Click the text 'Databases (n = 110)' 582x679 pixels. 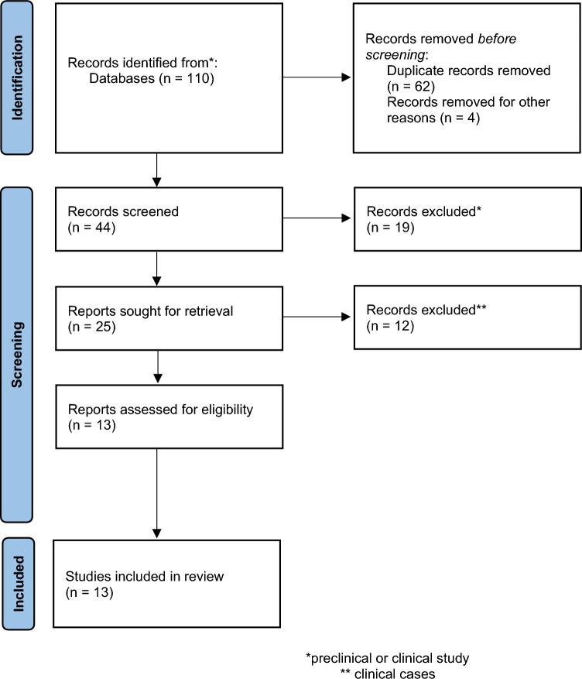tap(148, 78)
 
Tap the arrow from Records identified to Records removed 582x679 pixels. tap(317, 77)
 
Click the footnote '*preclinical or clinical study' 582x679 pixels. tap(387, 658)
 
